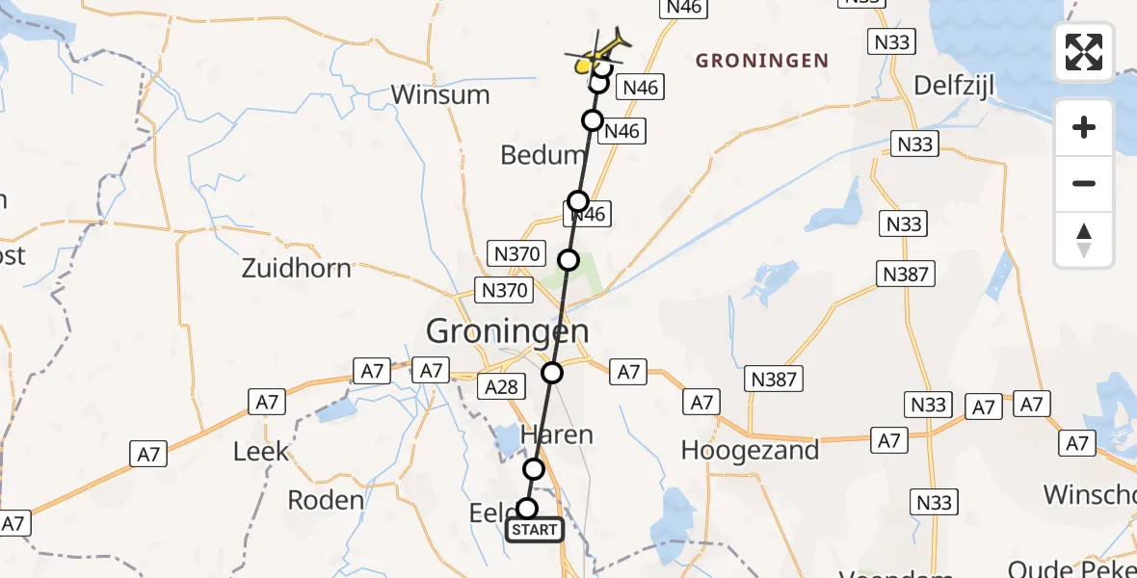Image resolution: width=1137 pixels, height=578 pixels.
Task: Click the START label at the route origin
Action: click(534, 530)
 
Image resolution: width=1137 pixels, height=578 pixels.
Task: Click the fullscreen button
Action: click(1084, 51)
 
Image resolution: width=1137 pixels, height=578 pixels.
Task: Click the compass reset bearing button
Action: click(1084, 240)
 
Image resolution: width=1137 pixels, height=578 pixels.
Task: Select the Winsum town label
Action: click(440, 94)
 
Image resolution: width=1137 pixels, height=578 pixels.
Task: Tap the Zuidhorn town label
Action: click(296, 267)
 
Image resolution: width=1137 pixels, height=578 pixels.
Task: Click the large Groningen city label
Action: click(508, 332)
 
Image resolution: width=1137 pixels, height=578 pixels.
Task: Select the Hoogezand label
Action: click(750, 449)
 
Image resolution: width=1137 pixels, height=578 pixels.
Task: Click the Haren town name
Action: click(556, 435)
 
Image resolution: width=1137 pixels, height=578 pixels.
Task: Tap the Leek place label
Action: click(261, 450)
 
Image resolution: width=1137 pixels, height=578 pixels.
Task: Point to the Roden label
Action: click(326, 499)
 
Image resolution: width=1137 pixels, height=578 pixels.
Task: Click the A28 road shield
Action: click(501, 387)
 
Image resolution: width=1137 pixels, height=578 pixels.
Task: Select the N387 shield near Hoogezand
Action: click(774, 379)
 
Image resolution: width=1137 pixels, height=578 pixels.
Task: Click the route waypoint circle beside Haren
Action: click(533, 469)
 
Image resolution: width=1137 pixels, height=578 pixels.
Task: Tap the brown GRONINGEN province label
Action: click(762, 61)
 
